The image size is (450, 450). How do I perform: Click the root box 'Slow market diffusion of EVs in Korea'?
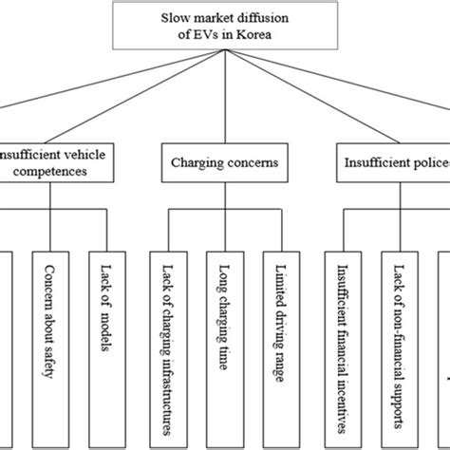click(226, 25)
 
